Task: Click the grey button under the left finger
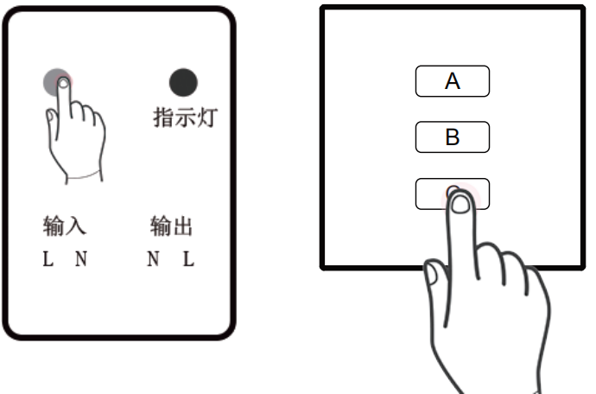pyautogui.click(x=54, y=81)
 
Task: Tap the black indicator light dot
pyautogui.click(x=183, y=82)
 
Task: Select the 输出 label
pyautogui.click(x=170, y=227)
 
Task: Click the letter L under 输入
pyautogui.click(x=48, y=259)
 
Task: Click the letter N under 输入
pyautogui.click(x=80, y=259)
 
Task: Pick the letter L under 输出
pyautogui.click(x=187, y=259)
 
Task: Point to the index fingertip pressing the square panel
pyautogui.click(x=459, y=204)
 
